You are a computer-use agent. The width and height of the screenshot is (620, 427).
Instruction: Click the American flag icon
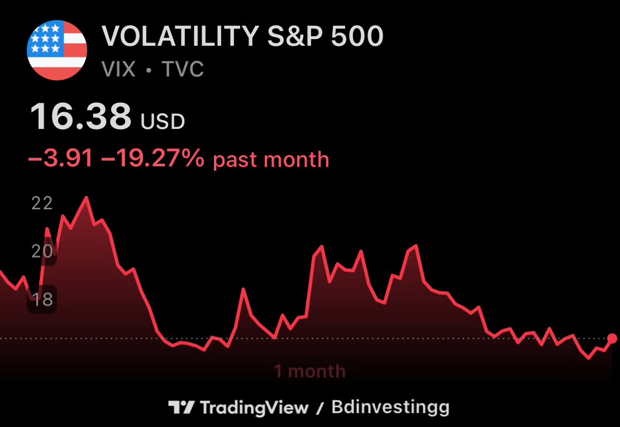(x=57, y=50)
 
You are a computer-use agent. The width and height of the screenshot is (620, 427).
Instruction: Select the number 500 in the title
(x=357, y=36)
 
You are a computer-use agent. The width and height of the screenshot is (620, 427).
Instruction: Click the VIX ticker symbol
(x=118, y=69)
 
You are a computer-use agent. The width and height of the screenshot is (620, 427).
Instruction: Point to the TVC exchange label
(x=182, y=69)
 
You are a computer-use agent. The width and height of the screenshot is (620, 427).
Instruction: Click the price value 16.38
(x=80, y=116)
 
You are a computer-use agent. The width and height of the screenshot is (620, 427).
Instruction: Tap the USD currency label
(x=163, y=122)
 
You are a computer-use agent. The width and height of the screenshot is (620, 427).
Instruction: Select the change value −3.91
(x=60, y=159)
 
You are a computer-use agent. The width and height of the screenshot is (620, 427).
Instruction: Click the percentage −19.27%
(x=152, y=159)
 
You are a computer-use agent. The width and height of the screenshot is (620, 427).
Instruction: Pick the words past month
(x=271, y=160)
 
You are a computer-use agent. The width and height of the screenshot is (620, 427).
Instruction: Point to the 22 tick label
(x=42, y=203)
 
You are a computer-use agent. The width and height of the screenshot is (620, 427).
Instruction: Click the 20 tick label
(x=42, y=251)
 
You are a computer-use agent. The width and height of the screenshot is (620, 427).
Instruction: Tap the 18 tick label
(x=42, y=299)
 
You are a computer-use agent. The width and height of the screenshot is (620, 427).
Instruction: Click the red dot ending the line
(x=612, y=338)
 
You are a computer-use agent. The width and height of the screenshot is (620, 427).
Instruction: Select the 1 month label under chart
(x=309, y=371)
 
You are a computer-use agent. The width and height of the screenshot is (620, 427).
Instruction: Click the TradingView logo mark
(x=181, y=407)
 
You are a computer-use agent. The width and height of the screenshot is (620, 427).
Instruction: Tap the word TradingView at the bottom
(x=254, y=407)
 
